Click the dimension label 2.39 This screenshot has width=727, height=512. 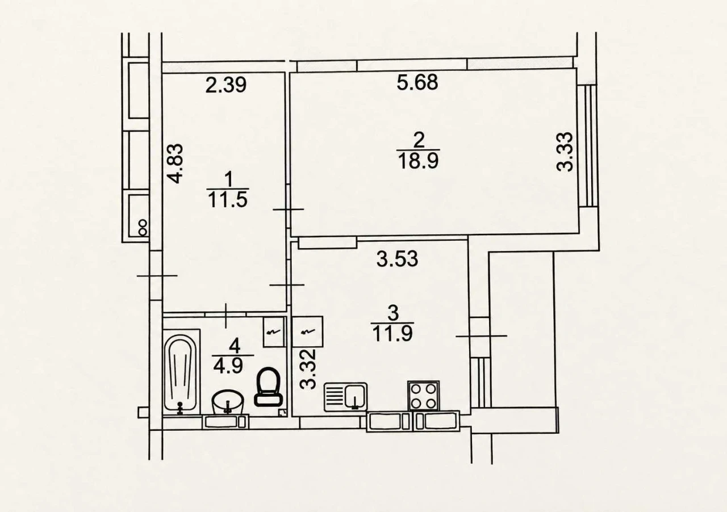coord(226,85)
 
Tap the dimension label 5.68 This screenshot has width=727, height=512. coord(417,82)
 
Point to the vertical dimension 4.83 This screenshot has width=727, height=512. coord(176,163)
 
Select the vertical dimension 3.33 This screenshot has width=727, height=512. coord(565,151)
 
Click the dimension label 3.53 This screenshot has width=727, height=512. coord(397,259)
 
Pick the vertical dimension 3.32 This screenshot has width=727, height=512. coord(308,368)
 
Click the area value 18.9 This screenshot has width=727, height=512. coord(419,161)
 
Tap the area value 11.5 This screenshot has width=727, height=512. coord(228,200)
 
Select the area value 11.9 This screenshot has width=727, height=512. coord(392,334)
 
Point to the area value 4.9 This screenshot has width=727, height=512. coord(228,366)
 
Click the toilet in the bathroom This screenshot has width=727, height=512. coord(269,387)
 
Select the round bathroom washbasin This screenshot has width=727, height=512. coord(228,402)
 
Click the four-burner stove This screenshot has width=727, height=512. coord(424,396)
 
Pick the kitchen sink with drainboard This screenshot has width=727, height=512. coord(346,397)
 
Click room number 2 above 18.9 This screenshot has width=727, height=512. coord(419,140)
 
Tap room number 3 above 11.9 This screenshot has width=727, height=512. coord(392,313)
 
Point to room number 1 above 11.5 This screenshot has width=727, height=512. coord(229,179)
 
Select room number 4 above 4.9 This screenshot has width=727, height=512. coord(234,345)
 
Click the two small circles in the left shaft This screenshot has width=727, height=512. coord(142,227)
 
